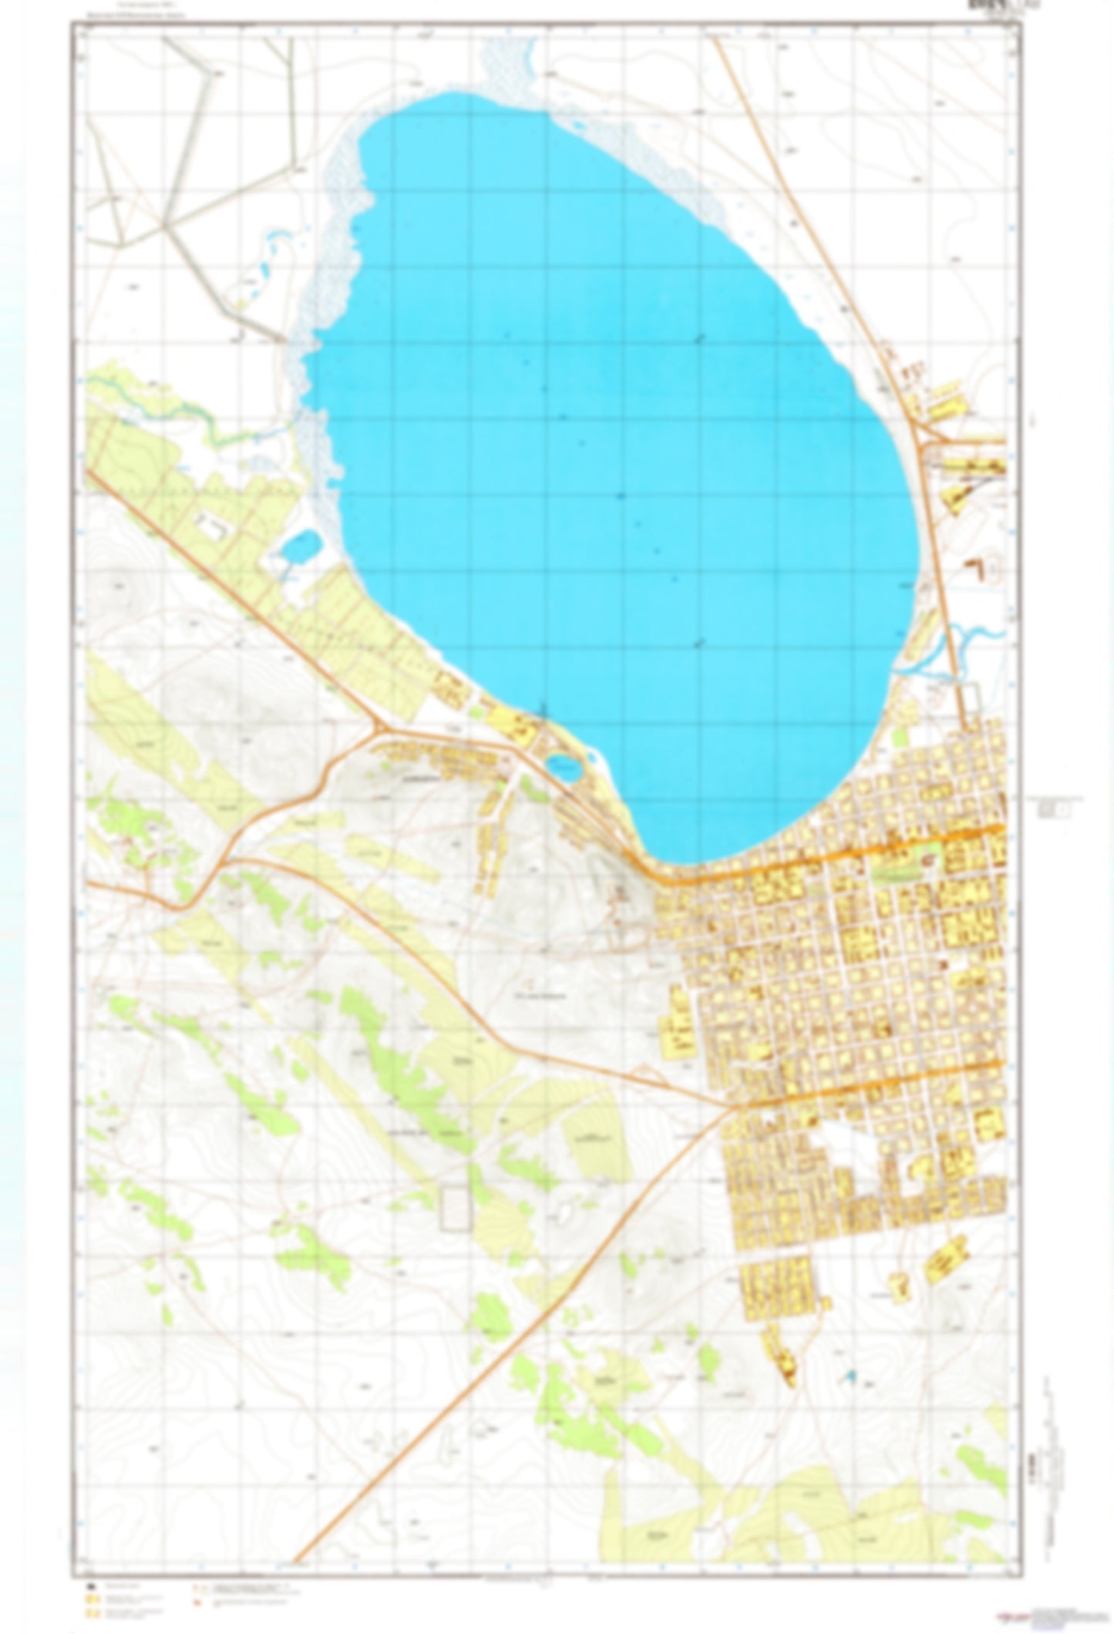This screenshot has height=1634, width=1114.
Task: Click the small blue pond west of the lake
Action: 299,546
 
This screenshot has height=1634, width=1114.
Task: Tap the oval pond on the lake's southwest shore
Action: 564,766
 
